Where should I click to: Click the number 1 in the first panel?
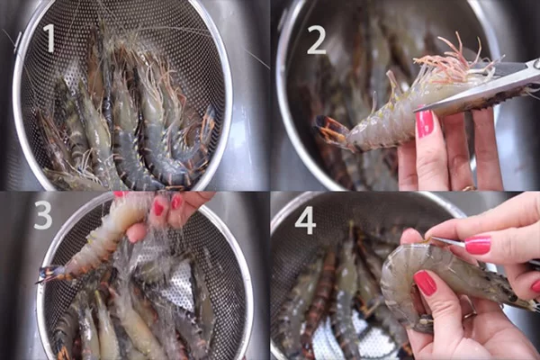(48, 38)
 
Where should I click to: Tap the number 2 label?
(316, 39)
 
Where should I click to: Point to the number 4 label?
(306, 220)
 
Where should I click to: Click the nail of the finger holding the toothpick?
(477, 245)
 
